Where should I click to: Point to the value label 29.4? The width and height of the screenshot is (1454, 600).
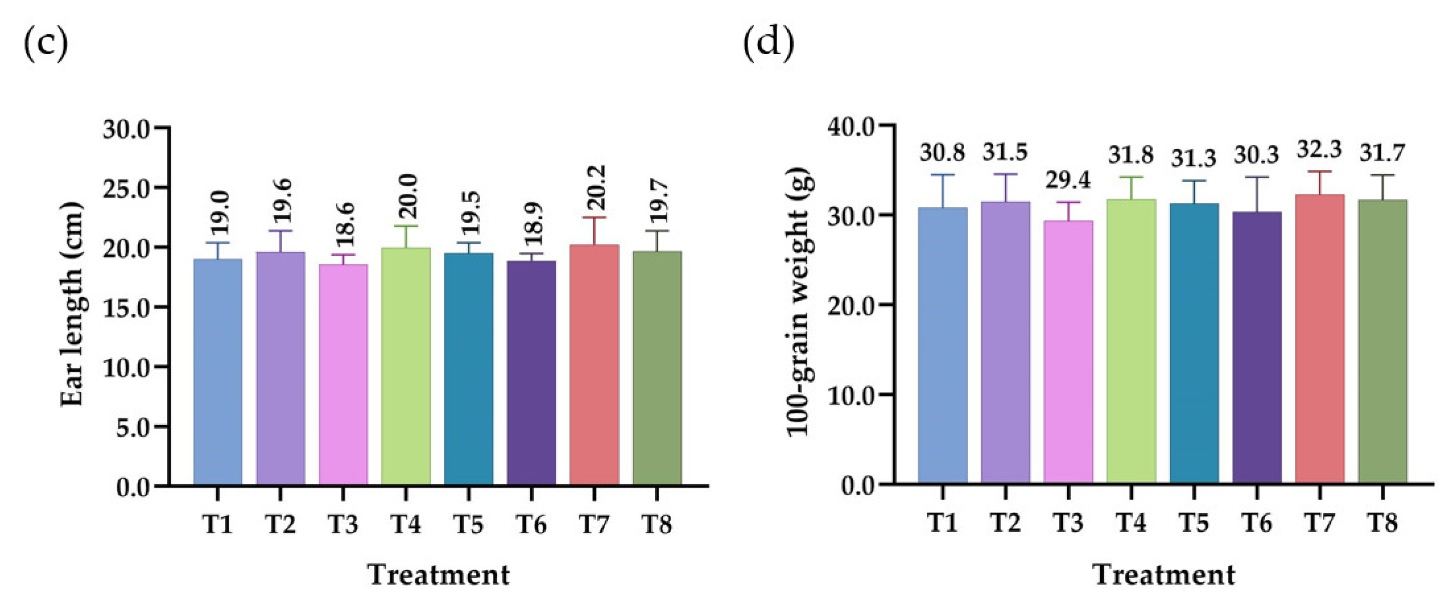[x=1068, y=180]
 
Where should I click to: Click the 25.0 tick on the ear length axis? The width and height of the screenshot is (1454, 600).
[x=125, y=188]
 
